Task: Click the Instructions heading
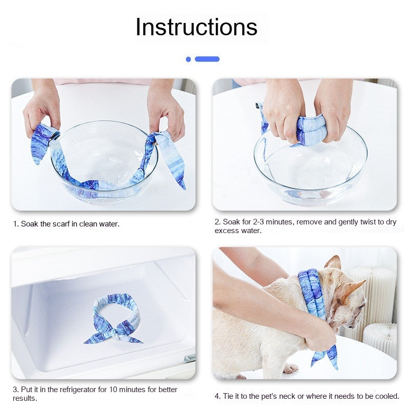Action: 196,27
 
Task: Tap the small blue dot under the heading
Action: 188,59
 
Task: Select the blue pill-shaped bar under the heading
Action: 207,59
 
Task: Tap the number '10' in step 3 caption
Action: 113,390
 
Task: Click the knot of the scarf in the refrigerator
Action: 114,333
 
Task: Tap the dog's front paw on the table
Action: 290,368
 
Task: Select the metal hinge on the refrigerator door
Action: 190,359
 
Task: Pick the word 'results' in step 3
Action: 24,398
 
